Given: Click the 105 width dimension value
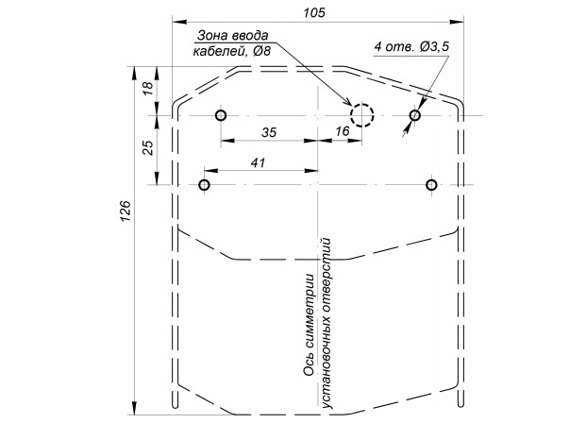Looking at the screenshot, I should pos(315,11).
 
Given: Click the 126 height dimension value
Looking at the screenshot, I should pos(126,216).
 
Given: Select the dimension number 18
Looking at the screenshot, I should pos(147,90).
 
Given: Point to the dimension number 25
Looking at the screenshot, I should pos(147,149).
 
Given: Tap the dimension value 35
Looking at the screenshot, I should pos(269,133).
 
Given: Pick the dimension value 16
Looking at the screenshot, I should pos(343,133).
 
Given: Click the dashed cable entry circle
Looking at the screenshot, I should pos(362,116).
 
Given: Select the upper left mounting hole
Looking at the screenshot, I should pos(221,116).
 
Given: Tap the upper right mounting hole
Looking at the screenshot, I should pos(414,116).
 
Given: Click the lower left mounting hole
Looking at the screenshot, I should pos(204,184).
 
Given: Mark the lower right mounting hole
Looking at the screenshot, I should pos(431,184).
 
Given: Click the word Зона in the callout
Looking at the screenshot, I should pos(212,36).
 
